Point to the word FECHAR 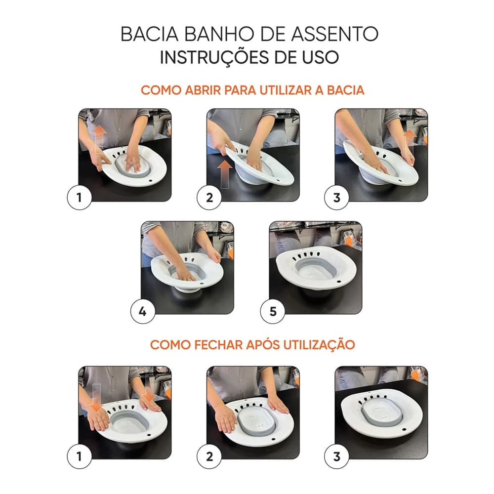[213, 344]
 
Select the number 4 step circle [143, 312]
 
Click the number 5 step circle [273, 312]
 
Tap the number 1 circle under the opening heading [79, 199]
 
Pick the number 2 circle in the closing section [209, 456]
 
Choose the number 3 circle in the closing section [337, 456]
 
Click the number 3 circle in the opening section [337, 199]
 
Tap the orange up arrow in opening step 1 [99, 133]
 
